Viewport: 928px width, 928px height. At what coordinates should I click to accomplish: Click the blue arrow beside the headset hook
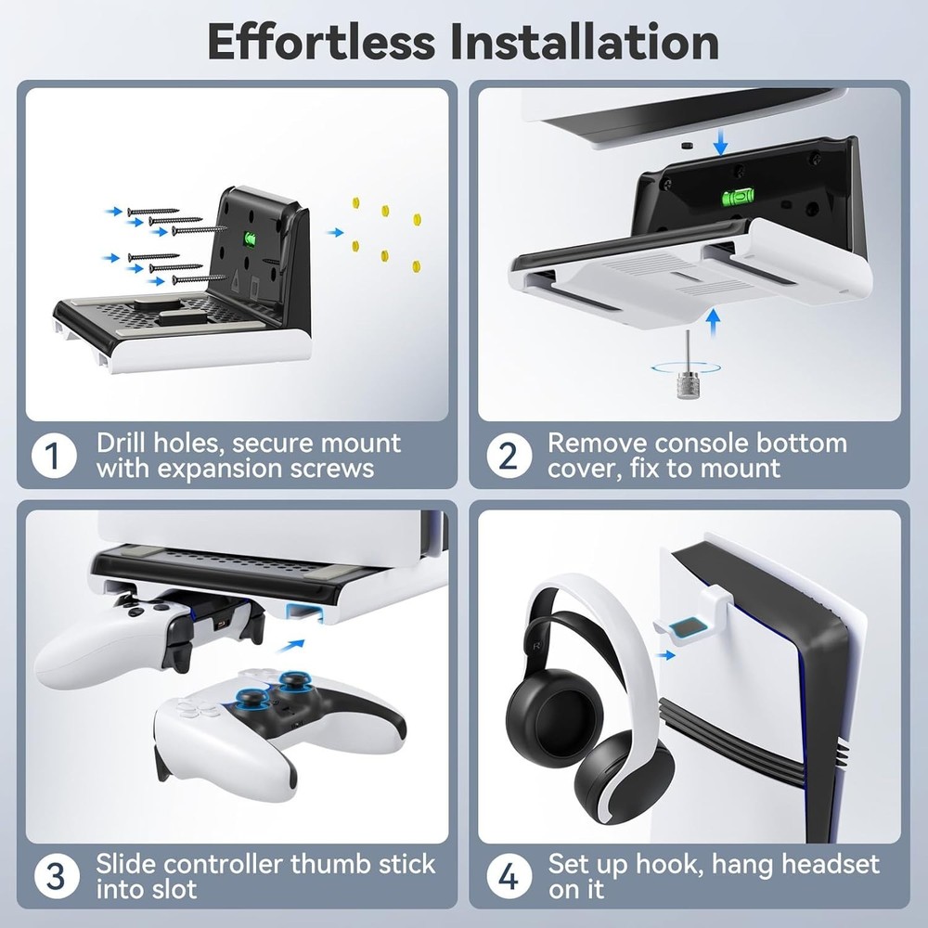point(664,655)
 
